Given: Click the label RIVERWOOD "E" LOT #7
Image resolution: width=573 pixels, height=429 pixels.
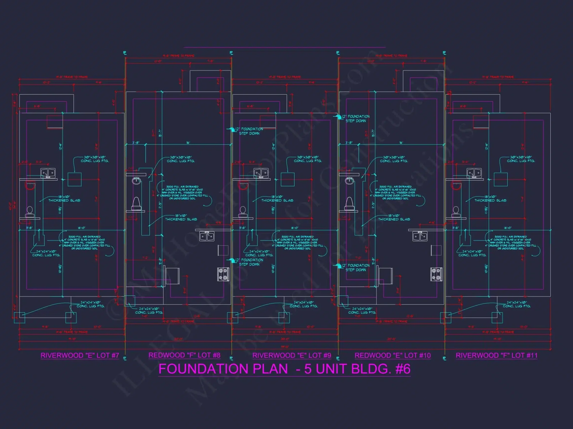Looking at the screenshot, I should [x=80, y=355].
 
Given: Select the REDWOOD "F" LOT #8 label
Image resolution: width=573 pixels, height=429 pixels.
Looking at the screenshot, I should [x=184, y=355].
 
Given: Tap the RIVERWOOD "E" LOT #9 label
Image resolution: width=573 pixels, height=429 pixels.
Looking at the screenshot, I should [x=292, y=355].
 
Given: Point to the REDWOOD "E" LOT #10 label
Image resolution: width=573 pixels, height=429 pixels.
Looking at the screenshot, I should [x=393, y=355].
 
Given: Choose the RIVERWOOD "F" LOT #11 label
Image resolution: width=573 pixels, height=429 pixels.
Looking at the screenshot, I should [x=497, y=355].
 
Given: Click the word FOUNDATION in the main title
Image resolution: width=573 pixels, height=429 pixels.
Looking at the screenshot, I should [x=223, y=369].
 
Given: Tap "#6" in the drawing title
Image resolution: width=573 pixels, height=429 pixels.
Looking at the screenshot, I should [x=403, y=369].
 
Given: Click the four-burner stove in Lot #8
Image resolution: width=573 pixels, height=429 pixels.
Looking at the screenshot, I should [x=223, y=274].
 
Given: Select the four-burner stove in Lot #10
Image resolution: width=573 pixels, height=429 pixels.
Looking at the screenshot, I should [x=436, y=274].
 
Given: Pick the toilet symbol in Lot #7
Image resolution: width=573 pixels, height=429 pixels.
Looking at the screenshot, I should [x=30, y=212].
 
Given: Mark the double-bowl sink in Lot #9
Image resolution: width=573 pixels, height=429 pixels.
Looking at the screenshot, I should [x=261, y=173].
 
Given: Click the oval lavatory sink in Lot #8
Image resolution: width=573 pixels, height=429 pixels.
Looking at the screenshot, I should [x=136, y=180].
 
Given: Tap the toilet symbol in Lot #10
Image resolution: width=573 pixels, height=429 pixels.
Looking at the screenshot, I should [x=350, y=203].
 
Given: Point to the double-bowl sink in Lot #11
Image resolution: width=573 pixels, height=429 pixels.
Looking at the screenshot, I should [x=474, y=173].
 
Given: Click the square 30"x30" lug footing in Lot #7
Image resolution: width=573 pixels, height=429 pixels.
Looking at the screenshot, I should [x=74, y=180].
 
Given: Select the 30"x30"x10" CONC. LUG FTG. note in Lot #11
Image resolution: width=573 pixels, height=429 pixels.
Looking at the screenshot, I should [x=521, y=159].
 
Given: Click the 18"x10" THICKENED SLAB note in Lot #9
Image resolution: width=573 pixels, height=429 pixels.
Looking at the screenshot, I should [x=277, y=199].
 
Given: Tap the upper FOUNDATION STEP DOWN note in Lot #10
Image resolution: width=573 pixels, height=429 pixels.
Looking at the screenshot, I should [x=357, y=119].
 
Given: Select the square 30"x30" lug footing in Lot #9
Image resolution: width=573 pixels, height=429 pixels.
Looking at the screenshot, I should [x=288, y=180].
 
